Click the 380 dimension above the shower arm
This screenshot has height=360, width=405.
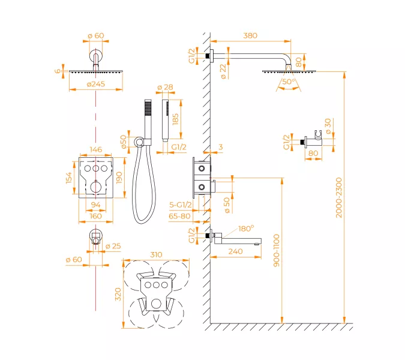tap(250, 35)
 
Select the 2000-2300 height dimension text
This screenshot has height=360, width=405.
tap(338, 197)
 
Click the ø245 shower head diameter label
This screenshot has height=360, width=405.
tap(95, 84)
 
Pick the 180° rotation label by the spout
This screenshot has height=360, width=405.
tap(246, 229)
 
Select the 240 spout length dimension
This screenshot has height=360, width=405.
tap(235, 252)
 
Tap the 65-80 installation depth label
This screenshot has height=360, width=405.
tap(180, 215)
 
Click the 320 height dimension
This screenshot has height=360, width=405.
tap(118, 294)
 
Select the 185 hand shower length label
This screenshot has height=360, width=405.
tap(176, 120)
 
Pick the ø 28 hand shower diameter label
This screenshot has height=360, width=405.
tap(165, 88)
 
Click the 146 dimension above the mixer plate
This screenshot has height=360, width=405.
tap(95, 149)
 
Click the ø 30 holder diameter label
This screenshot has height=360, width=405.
tap(328, 125)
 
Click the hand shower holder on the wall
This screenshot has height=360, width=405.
tap(316, 142)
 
